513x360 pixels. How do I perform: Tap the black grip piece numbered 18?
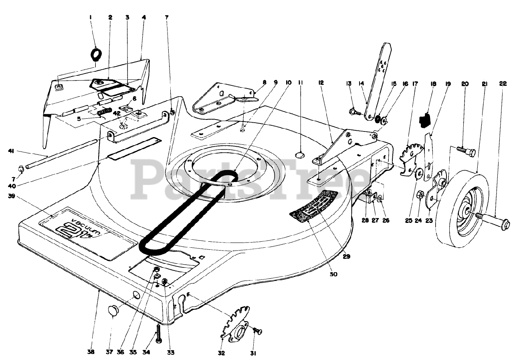tap(424, 118)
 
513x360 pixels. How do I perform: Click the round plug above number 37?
tap(113, 310)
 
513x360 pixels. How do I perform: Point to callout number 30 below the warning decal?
tap(333, 275)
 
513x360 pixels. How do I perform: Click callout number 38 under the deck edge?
tap(91, 352)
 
